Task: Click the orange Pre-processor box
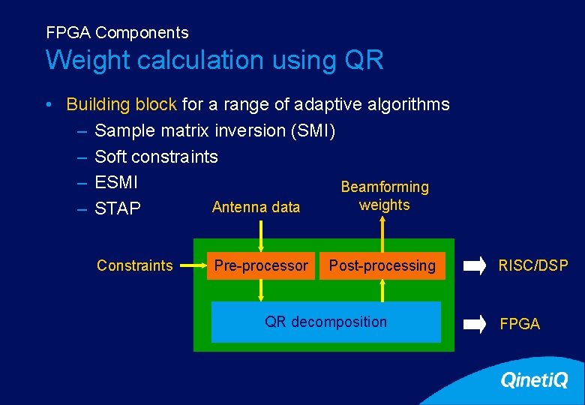tap(260, 265)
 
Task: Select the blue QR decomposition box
tap(325, 322)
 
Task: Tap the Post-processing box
tap(382, 265)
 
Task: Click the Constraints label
tap(135, 265)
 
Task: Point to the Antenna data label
tap(256, 207)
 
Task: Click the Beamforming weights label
tap(385, 196)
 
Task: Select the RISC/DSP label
tap(533, 265)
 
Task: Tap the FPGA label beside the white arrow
tap(520, 324)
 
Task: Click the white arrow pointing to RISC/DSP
tap(475, 265)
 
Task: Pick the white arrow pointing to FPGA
tap(475, 324)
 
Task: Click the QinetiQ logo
tap(534, 381)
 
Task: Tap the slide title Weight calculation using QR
tap(214, 60)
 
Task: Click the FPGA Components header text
tap(117, 33)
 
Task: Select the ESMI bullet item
tap(116, 182)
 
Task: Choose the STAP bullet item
tap(118, 208)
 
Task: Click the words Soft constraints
tap(156, 157)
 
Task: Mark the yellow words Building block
tap(121, 104)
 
